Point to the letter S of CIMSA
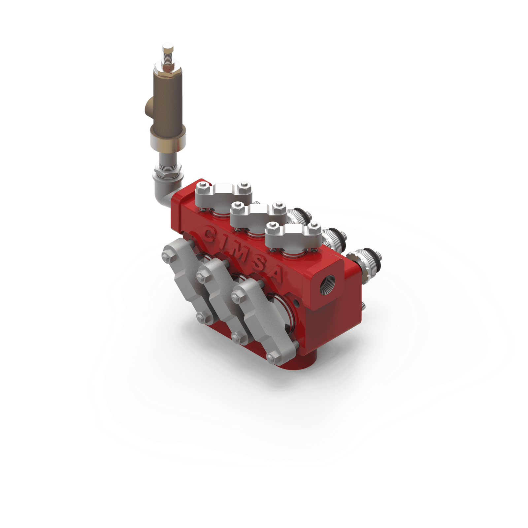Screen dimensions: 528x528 pyautogui.click(x=258, y=262)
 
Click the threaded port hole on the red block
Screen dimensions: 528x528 pyautogui.click(x=328, y=283)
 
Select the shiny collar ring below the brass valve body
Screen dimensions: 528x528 pyautogui.click(x=168, y=140)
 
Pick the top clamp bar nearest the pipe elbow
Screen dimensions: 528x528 pyautogui.click(x=223, y=193)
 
